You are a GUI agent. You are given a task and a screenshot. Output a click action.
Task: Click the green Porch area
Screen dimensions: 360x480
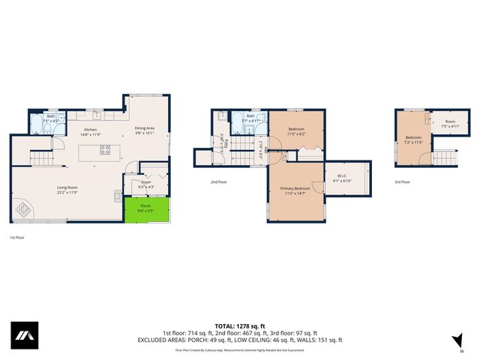point(145,209)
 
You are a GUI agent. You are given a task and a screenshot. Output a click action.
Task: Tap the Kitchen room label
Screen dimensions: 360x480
point(91,132)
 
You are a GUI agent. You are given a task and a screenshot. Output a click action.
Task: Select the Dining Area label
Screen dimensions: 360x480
point(145,130)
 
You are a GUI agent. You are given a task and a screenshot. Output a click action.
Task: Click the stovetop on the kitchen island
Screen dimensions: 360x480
point(105,149)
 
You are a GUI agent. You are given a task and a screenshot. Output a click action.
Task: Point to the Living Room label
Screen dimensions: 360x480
point(68,190)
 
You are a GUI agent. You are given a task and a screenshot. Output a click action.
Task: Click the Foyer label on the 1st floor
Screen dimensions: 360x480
point(147,184)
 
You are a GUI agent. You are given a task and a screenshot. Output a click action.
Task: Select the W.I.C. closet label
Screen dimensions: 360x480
point(343,179)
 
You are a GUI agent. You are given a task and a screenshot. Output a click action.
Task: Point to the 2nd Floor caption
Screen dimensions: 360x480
point(220,181)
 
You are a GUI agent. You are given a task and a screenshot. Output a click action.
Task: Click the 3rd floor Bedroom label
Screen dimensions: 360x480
point(414,139)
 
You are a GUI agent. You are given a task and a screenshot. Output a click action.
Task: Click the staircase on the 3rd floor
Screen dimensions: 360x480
point(444,157)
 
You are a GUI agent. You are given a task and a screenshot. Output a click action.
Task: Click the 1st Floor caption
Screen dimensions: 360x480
point(16,237)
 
